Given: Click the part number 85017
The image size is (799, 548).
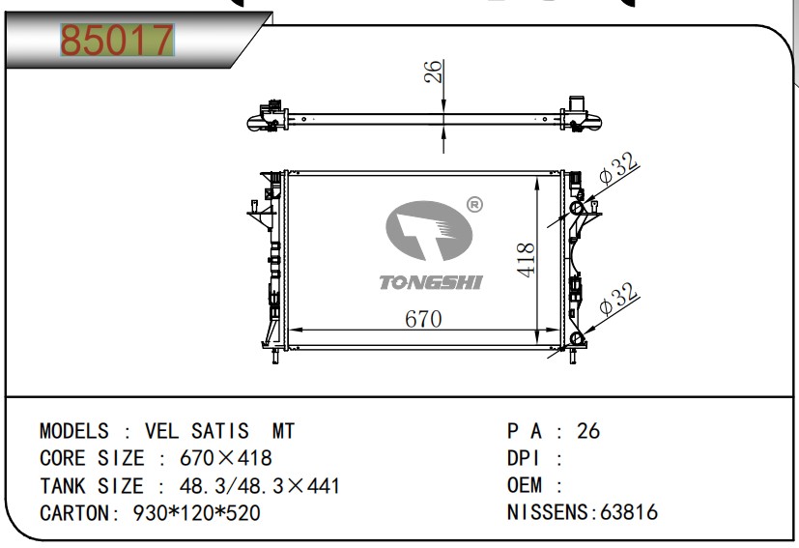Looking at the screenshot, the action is pos(117,40).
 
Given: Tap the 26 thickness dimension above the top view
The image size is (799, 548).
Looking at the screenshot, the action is pos(433,72).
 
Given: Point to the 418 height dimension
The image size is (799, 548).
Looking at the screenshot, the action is pos(526,260).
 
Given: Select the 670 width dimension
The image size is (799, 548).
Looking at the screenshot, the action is pos(423,319).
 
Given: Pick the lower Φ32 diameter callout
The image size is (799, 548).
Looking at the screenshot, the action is pos(617,299).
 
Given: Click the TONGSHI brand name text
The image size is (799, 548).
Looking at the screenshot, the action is pos(431,282).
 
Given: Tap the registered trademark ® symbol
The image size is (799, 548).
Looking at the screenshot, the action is pos(474,205).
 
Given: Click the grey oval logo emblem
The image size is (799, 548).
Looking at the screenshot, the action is pos(429,230).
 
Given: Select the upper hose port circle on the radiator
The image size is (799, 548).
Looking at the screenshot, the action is pos(577,208).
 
